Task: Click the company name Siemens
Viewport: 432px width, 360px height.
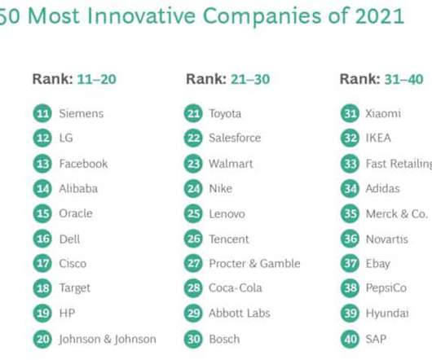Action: (x=82, y=113)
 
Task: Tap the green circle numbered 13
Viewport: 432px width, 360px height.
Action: (x=42, y=164)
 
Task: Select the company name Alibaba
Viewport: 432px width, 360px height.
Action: (x=78, y=189)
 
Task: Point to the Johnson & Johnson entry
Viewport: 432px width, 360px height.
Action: (x=108, y=339)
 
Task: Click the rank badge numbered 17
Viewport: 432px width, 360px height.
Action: (x=42, y=264)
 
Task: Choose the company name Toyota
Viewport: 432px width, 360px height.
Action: (x=225, y=114)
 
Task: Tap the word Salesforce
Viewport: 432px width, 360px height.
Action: (x=235, y=138)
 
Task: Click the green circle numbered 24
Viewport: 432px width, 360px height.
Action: (x=193, y=189)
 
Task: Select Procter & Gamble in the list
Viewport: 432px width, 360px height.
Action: (x=254, y=263)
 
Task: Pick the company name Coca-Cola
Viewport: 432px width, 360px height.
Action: (x=236, y=288)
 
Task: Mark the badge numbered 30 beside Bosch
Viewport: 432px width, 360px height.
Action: (x=193, y=339)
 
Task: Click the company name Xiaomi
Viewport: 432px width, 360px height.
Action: (x=383, y=113)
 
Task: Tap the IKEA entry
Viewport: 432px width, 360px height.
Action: (x=378, y=138)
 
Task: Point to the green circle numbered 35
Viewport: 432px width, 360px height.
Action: (x=350, y=214)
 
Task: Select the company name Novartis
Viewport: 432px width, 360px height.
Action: (x=387, y=239)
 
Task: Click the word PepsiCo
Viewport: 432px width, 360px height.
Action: (x=386, y=288)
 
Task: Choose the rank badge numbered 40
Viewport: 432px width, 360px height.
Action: (x=350, y=339)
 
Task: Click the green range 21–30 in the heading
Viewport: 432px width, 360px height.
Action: (x=250, y=79)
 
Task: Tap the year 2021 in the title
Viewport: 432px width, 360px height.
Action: (x=380, y=16)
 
